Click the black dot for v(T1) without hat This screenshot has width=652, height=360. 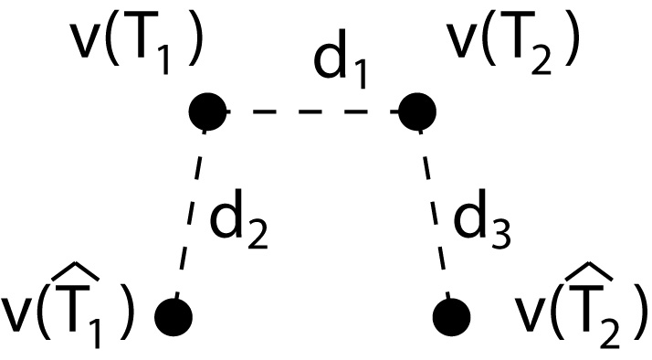point(208,111)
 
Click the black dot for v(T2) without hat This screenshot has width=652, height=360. point(418,111)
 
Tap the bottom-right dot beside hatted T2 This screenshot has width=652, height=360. point(451,316)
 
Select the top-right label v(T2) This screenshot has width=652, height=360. point(511,45)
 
